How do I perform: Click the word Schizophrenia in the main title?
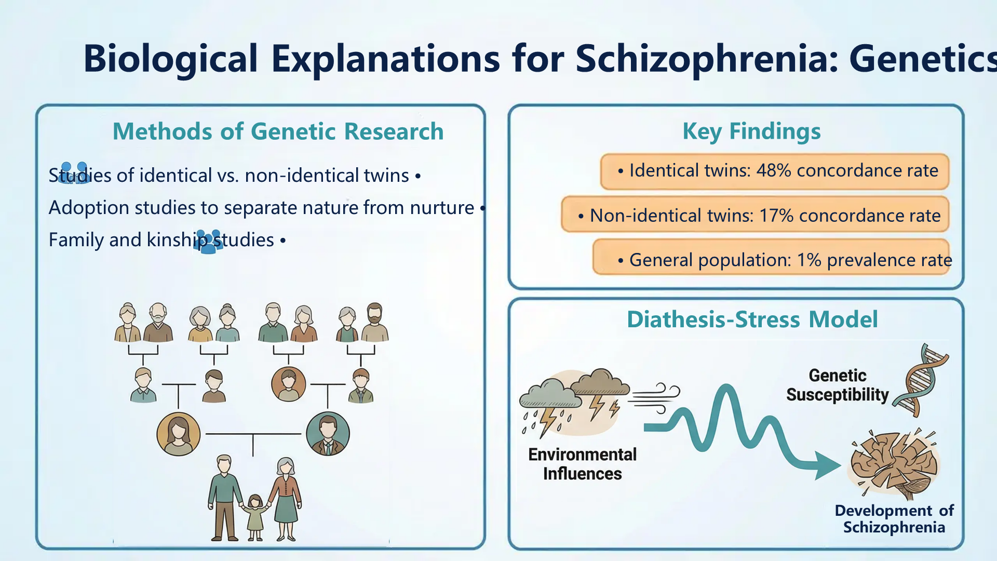[707, 59]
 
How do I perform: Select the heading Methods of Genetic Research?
[278, 131]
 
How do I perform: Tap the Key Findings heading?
[751, 131]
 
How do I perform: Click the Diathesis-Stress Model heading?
[752, 319]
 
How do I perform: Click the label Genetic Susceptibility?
[837, 385]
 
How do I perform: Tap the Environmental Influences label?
[582, 464]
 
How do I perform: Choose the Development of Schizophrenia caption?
[894, 519]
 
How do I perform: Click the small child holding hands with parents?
[255, 518]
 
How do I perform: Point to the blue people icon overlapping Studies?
[74, 173]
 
